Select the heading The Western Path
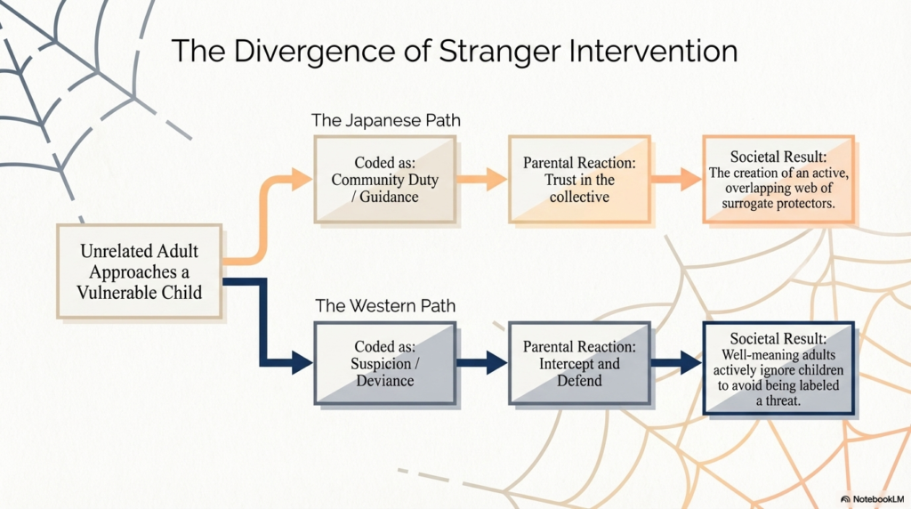(385, 306)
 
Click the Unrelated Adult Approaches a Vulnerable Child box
(139, 271)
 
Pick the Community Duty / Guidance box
(385, 180)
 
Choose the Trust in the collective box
(579, 180)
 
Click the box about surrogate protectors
(778, 180)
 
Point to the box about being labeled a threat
(778, 367)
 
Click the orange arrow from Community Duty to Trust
(481, 180)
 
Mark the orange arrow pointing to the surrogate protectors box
(675, 180)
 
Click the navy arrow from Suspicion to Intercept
(481, 363)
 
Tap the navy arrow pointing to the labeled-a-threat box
(675, 363)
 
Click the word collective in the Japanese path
(579, 196)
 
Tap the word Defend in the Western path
(579, 381)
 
